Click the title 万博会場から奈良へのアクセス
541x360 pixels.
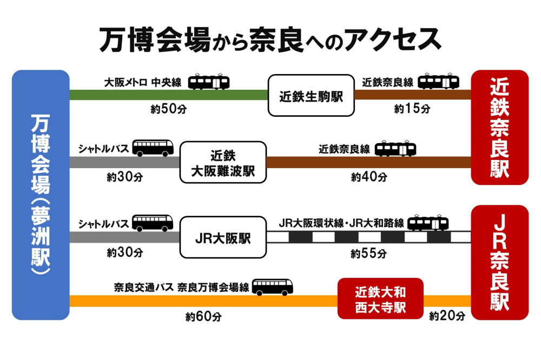270,39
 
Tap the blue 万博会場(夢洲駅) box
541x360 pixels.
41,195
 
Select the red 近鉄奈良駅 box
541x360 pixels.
499,127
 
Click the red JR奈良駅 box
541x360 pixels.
499,262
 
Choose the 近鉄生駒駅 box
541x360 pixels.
311,96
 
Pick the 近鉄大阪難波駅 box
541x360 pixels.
223,163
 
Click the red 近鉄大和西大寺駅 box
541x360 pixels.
380,299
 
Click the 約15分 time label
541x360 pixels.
412,109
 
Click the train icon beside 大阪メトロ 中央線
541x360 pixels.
209,82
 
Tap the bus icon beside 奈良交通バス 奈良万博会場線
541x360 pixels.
272,287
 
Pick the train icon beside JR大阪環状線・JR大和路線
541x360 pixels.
428,223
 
